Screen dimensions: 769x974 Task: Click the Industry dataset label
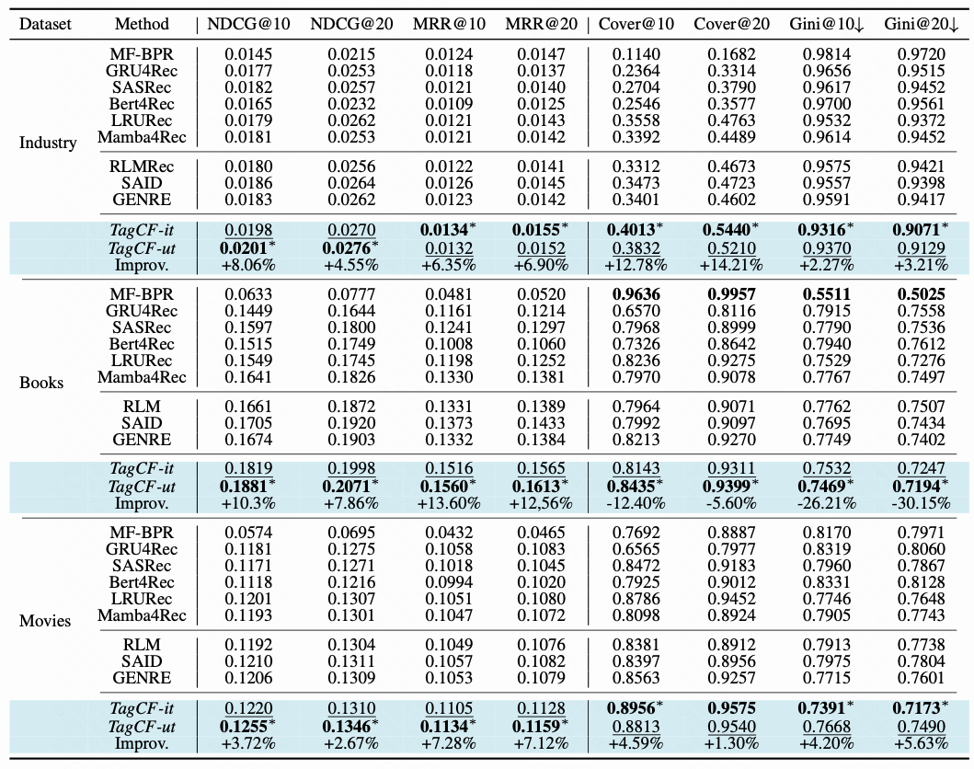(48, 143)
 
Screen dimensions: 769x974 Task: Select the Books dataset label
(41, 382)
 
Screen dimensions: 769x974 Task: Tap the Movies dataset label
(45, 621)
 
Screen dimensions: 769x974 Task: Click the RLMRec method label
(142, 166)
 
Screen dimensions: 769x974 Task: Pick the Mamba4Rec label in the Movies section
(142, 615)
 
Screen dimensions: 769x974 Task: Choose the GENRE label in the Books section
(142, 440)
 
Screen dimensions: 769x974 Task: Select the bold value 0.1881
(245, 486)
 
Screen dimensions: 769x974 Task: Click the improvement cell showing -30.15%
(922, 503)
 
